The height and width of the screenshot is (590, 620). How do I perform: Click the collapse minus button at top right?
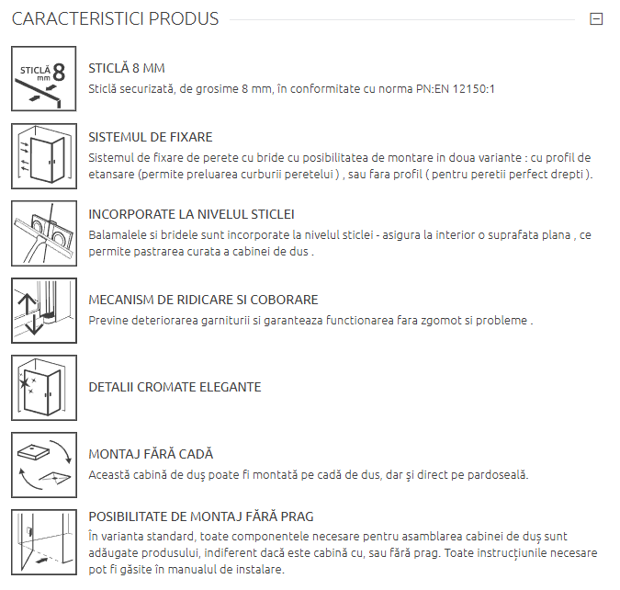pos(596,19)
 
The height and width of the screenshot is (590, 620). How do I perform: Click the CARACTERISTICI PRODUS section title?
pos(115,19)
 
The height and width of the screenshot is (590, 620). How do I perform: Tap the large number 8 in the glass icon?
pos(59,73)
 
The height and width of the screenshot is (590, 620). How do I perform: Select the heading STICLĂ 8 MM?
pos(127,68)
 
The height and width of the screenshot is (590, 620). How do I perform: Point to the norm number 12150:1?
pos(473,88)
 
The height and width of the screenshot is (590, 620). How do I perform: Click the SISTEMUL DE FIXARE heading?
pos(151,137)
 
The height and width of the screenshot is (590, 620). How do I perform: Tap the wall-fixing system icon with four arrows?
pos(44,156)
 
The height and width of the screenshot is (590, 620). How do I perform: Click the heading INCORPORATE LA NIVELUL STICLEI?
pos(191,214)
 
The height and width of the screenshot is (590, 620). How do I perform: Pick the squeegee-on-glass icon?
pos(44,233)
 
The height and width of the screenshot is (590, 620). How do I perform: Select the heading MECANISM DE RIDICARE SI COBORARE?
pos(203,300)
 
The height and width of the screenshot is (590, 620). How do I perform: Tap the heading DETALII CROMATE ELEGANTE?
pos(175,387)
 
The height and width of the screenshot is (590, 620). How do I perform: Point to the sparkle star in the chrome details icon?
pos(24,382)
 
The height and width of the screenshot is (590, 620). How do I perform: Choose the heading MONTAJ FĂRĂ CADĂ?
pos(151,454)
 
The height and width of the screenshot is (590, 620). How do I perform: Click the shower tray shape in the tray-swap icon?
pos(34,451)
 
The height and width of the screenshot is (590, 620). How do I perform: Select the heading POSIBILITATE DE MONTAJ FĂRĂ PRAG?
pos(201,516)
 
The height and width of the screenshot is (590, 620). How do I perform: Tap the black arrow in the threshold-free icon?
pos(41,560)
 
